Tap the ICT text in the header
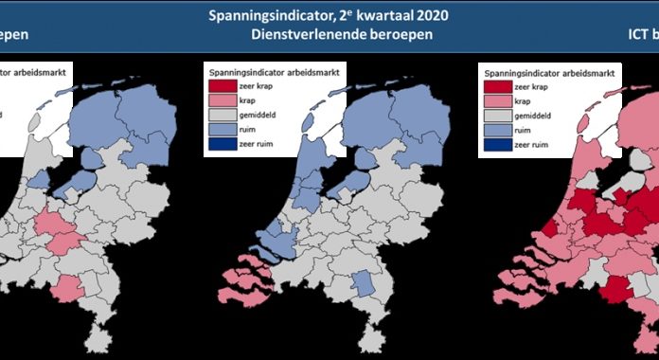[x=636, y=35]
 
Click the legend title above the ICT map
[x=545, y=71]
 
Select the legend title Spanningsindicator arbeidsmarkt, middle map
[x=273, y=71]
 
